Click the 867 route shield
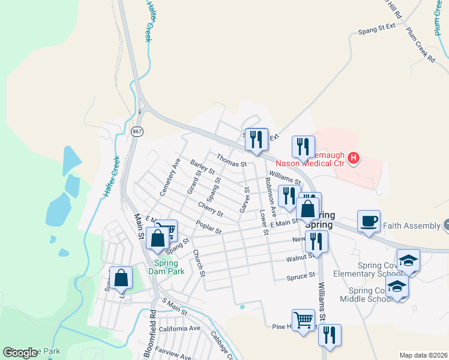[x=137, y=131]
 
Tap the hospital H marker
[x=354, y=158]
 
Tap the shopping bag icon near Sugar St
[x=121, y=277]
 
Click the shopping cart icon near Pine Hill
[x=303, y=319]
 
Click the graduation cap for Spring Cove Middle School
[x=397, y=286]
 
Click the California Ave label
[x=179, y=328]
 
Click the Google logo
[x=20, y=353]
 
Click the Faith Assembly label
[x=413, y=226]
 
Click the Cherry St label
[x=211, y=209]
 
